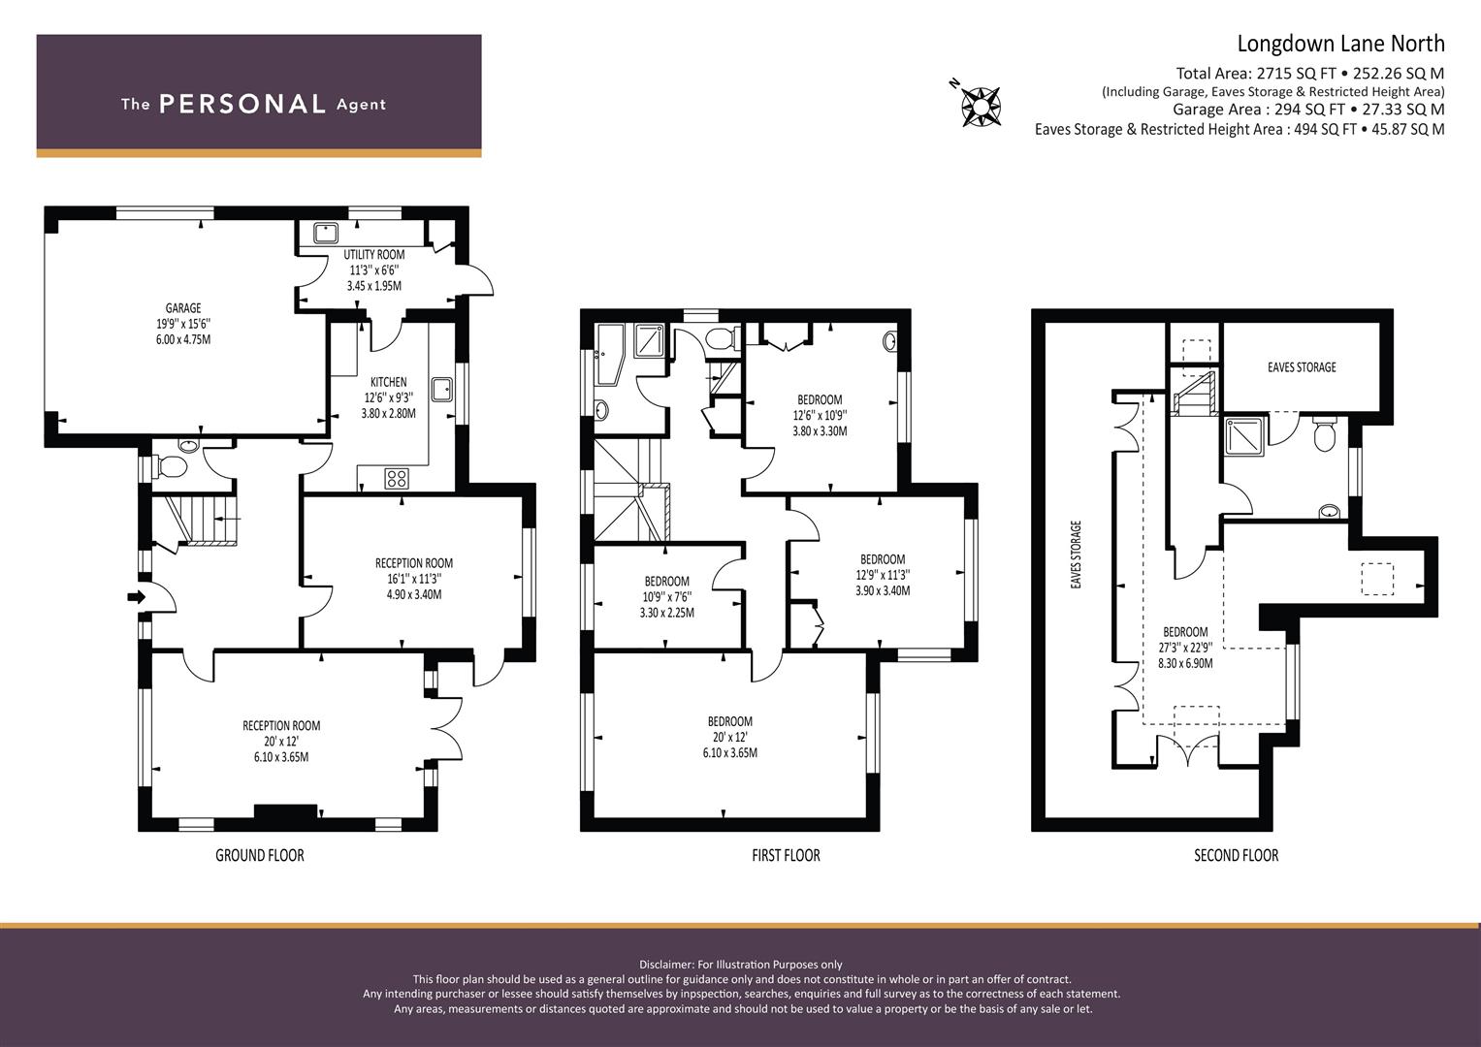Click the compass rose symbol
[980, 106]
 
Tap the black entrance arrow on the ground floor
[136, 597]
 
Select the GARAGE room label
[183, 308]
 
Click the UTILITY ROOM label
[374, 254]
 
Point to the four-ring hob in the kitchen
[397, 479]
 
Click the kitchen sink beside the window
[441, 390]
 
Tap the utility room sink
[326, 233]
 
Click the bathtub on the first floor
[607, 356]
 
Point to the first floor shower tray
[651, 340]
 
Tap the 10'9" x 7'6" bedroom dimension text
[666, 597]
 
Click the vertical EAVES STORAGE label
[1077, 555]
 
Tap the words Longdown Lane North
[1340, 44]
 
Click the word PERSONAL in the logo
[242, 104]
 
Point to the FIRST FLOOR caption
[786, 855]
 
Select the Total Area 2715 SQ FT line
[1309, 74]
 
